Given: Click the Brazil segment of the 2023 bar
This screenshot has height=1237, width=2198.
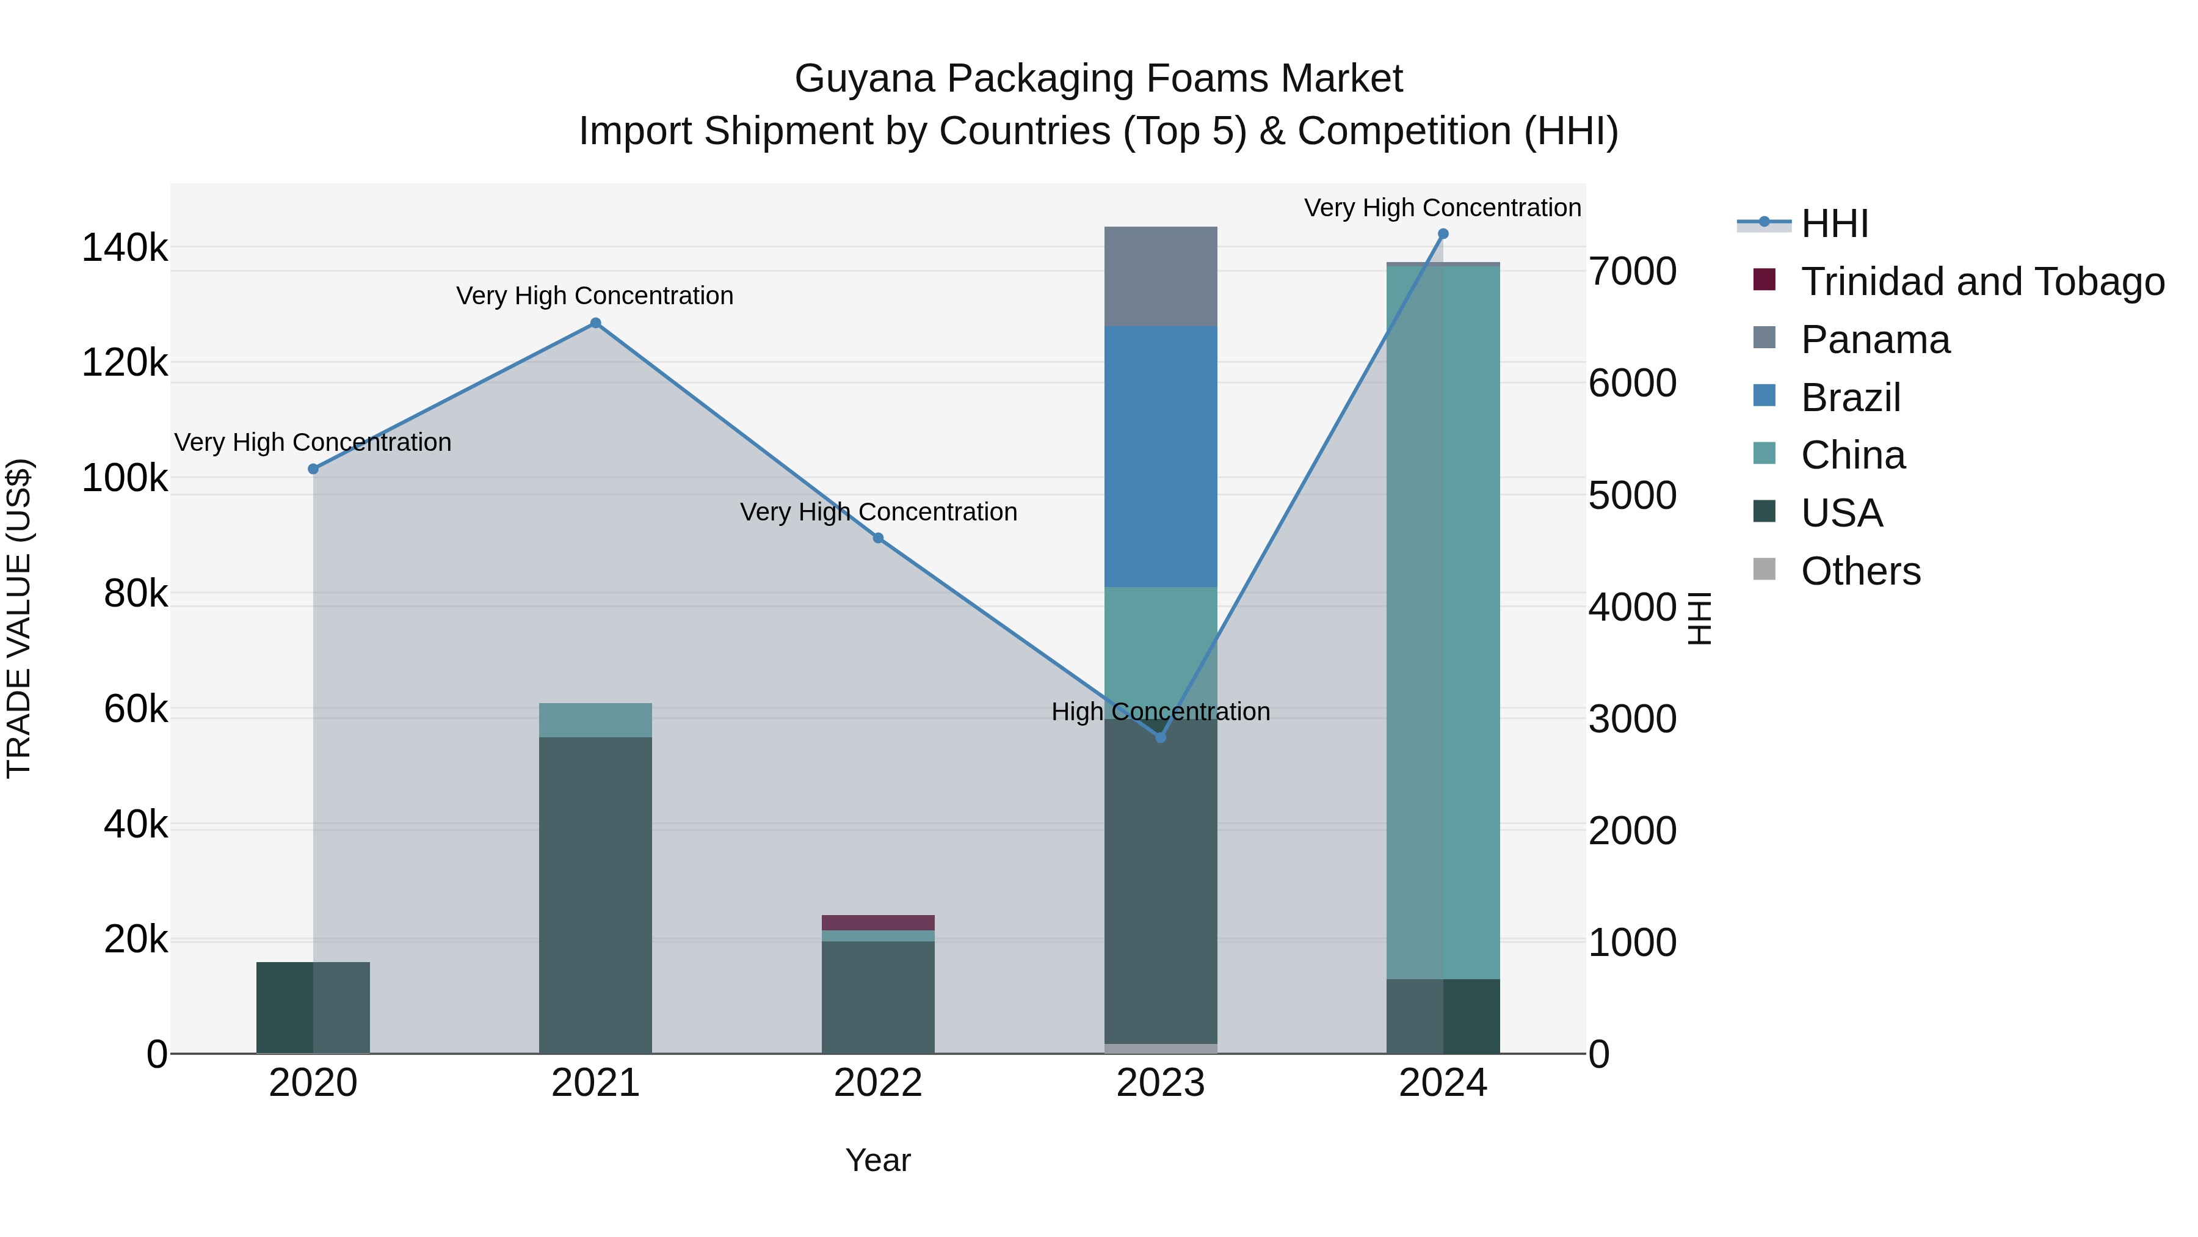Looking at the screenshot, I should point(1161,457).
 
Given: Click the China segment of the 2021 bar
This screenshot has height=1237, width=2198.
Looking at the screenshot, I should point(595,720).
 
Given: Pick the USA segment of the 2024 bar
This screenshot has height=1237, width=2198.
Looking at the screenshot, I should point(1443,1016).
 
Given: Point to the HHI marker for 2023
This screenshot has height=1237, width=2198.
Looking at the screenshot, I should point(1161,737).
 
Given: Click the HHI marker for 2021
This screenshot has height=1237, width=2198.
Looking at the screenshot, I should point(595,323).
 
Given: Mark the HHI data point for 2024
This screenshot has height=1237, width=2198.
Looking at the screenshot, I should point(1443,234).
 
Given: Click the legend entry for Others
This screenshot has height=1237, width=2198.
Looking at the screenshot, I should point(1860,571).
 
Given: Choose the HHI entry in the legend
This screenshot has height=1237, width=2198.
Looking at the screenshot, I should point(1835,224).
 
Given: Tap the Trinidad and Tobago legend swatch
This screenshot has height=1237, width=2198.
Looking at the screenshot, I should point(1764,280).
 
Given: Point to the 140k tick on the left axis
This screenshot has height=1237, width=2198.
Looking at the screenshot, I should point(125,249).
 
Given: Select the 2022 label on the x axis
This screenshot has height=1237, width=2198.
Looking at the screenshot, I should point(878,1083).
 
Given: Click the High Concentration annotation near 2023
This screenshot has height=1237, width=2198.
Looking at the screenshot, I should point(1161,711).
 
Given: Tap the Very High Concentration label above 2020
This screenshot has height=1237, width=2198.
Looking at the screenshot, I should point(313,442).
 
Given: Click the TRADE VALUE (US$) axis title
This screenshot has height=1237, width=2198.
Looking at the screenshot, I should point(19,618).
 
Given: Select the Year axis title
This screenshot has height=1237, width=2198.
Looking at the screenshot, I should point(878,1160).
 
